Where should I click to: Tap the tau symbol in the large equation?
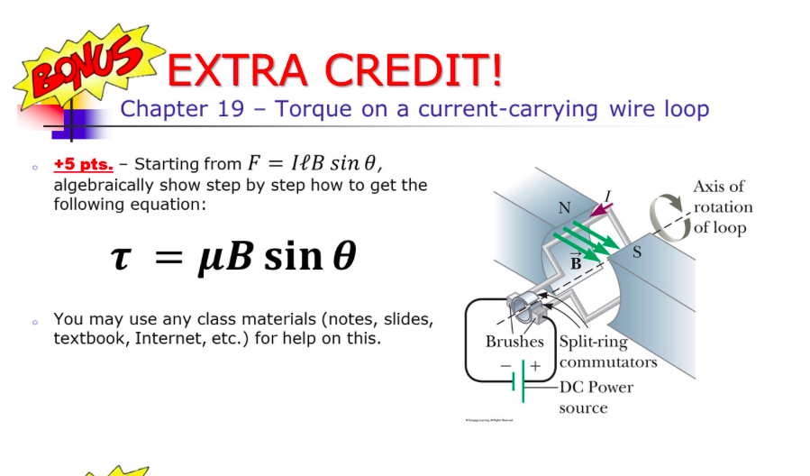[x=120, y=256]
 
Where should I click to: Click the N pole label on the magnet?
[x=564, y=207]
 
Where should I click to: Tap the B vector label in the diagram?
[x=577, y=262]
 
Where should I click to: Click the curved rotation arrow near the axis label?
[x=667, y=217]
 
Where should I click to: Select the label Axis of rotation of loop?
[x=721, y=206]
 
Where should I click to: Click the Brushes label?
[x=514, y=342]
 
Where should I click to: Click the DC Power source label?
[x=596, y=398]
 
